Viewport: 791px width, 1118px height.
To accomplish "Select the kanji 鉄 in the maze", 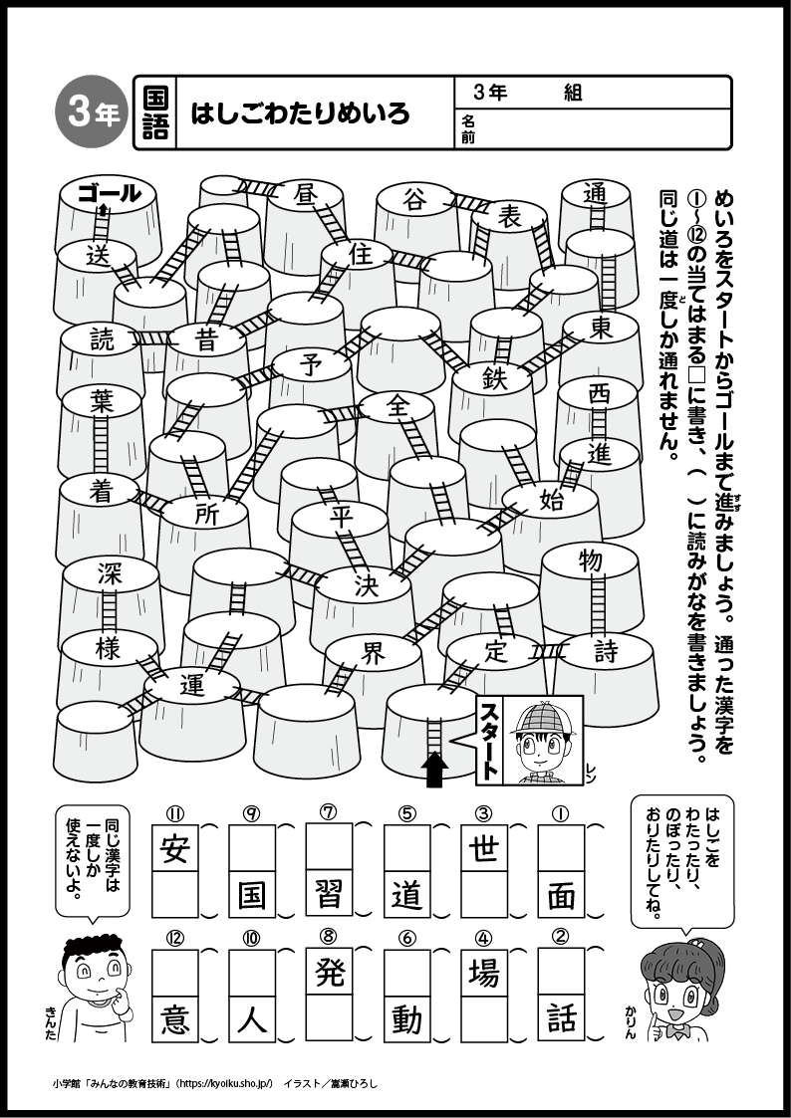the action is pos(493,378).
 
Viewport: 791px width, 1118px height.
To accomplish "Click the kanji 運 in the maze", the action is pos(192,685).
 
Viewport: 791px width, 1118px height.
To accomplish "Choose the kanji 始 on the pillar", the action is pos(551,500).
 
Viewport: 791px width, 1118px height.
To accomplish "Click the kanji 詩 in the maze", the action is pos(606,652).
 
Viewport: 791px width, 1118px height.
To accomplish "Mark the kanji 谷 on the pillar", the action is pos(413,200).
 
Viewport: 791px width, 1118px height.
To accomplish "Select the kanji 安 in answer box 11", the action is pos(174,848).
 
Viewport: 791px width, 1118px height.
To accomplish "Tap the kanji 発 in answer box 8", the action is pos(330,971).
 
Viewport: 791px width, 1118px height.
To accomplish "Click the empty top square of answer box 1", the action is pos(561,848).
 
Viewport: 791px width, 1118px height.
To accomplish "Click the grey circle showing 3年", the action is pos(92,112).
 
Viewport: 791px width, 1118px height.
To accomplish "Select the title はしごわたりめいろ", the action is pos(300,112).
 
